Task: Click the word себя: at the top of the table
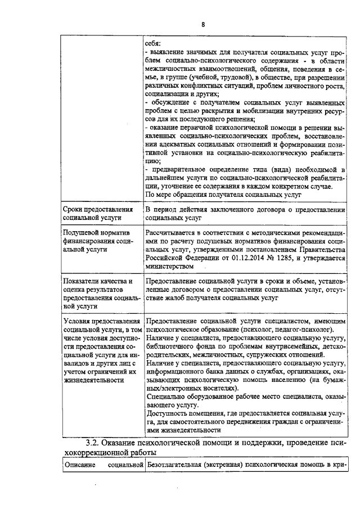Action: pyautogui.click(x=152, y=43)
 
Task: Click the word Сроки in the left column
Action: pyautogui.click(x=75, y=210)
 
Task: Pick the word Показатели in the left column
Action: pyautogui.click(x=85, y=281)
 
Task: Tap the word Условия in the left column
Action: pyautogui.click(x=80, y=321)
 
